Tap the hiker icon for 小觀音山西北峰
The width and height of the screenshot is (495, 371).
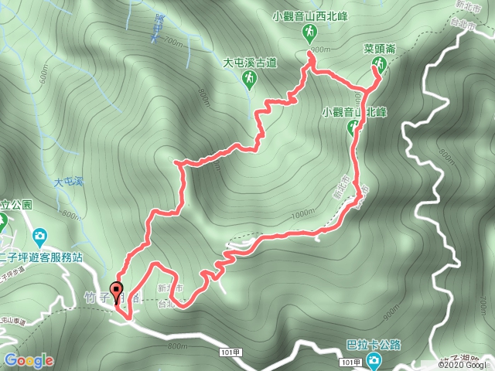click(x=309, y=32)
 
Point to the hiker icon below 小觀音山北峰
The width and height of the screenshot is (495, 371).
click(x=353, y=128)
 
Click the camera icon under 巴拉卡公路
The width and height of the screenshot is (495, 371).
click(x=374, y=360)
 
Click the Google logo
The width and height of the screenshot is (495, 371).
click(x=28, y=360)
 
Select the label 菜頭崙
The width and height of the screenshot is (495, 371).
click(x=379, y=49)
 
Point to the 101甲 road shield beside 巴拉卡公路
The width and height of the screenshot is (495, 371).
click(x=350, y=362)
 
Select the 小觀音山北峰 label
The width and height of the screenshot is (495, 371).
click(x=354, y=111)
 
